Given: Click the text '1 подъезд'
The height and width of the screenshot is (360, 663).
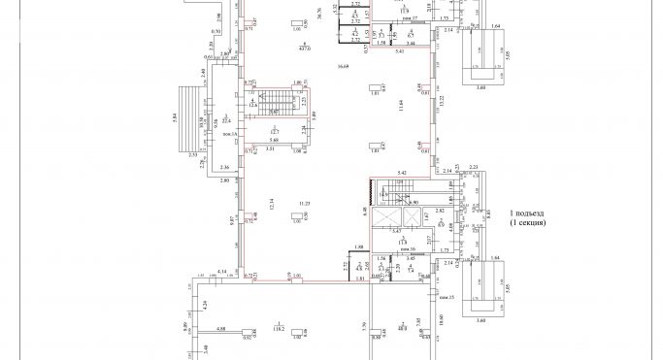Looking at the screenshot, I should coord(528,212).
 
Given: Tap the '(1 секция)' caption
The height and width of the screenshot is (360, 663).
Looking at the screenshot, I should coord(528,222).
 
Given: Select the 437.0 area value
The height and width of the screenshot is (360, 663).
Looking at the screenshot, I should coord(304,48).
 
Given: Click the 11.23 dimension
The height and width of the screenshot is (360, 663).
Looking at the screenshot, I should coord(304,203).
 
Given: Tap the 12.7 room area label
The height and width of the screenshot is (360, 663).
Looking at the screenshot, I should coord(275,130).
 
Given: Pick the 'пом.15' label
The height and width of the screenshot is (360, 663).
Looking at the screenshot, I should coord(449,297).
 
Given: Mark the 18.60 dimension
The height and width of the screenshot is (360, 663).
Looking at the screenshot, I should coord(440,319).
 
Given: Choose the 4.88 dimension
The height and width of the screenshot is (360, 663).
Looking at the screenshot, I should coord(221,329).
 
